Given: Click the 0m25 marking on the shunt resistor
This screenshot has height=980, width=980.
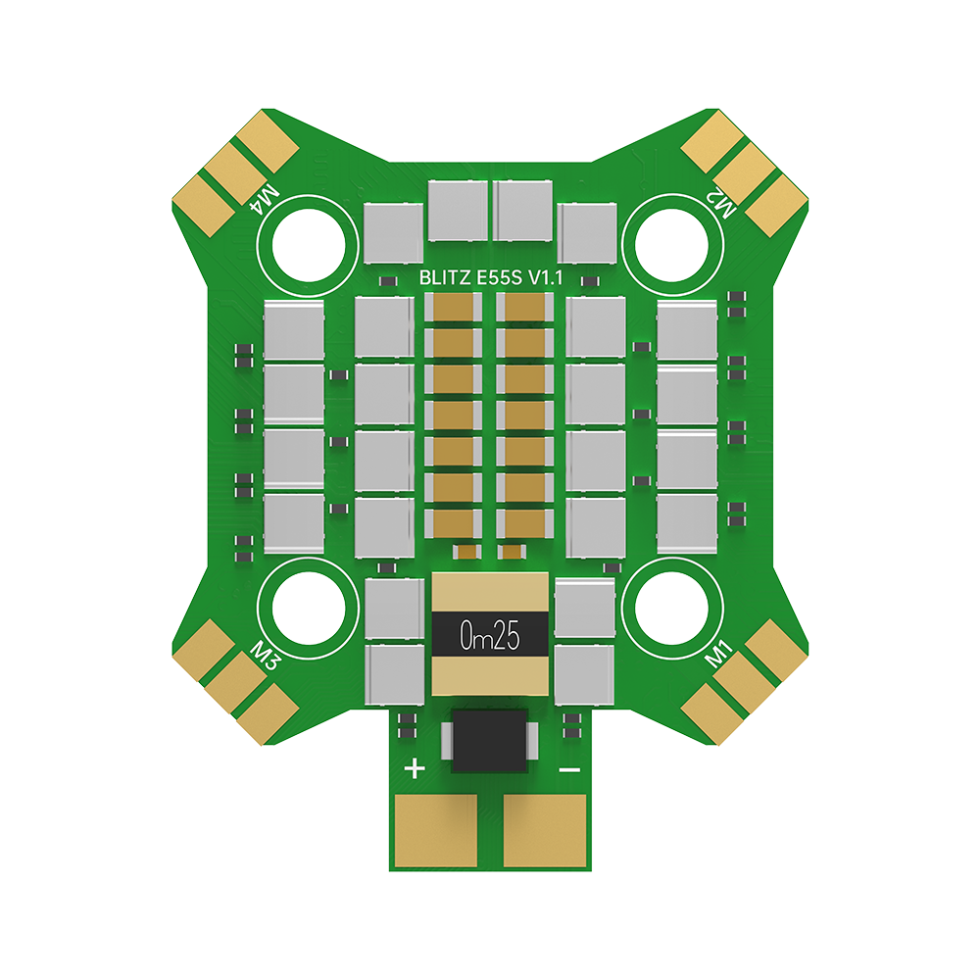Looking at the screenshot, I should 489,638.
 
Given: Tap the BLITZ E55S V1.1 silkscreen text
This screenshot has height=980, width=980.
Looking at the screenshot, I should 490,279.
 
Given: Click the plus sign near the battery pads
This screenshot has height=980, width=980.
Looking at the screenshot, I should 415,768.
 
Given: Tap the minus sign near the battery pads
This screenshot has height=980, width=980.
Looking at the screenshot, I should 568,769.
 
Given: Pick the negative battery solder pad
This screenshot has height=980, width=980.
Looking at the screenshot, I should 545,829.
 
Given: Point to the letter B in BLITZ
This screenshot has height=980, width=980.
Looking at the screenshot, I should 424,279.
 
